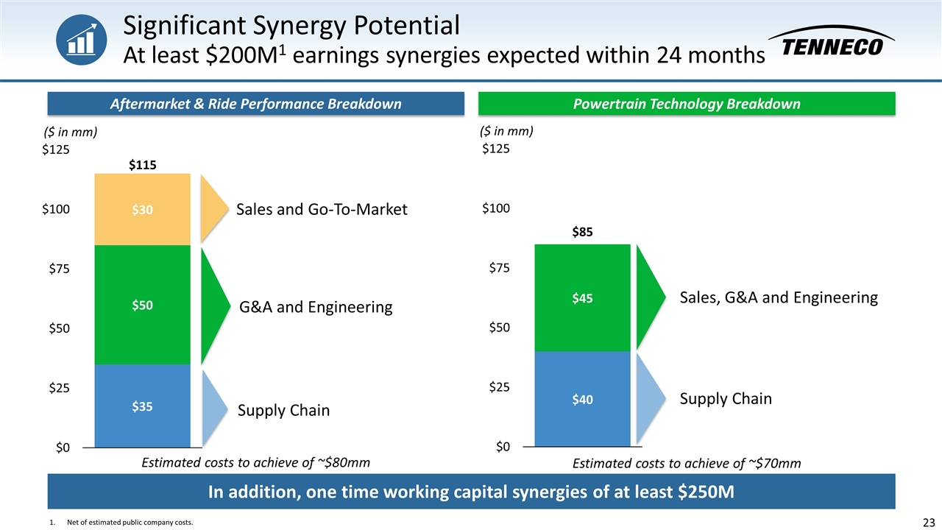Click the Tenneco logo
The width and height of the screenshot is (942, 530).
click(832, 42)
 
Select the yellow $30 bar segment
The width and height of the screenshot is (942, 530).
click(143, 210)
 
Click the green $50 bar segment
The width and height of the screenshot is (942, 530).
click(143, 305)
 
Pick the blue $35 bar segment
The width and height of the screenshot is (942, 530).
click(143, 406)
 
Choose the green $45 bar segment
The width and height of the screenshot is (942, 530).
click(582, 298)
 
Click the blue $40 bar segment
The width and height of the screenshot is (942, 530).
click(582, 399)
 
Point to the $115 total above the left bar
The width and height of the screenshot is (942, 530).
click(143, 166)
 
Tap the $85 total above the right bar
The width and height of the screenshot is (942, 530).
click(582, 232)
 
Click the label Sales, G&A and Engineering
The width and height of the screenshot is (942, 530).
click(779, 297)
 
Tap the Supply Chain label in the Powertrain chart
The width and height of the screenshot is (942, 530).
click(726, 399)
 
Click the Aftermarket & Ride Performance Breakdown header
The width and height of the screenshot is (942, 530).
click(255, 104)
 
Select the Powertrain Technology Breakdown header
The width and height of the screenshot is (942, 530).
click(687, 104)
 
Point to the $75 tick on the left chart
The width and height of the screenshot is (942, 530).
click(54, 269)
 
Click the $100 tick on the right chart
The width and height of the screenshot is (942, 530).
click(496, 208)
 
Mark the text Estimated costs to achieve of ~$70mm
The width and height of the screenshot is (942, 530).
click(686, 463)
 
